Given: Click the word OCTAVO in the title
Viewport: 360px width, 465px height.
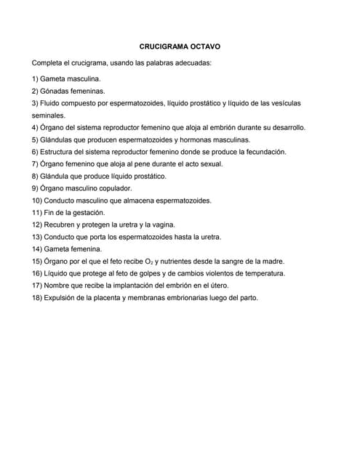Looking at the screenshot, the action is coord(205,46).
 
